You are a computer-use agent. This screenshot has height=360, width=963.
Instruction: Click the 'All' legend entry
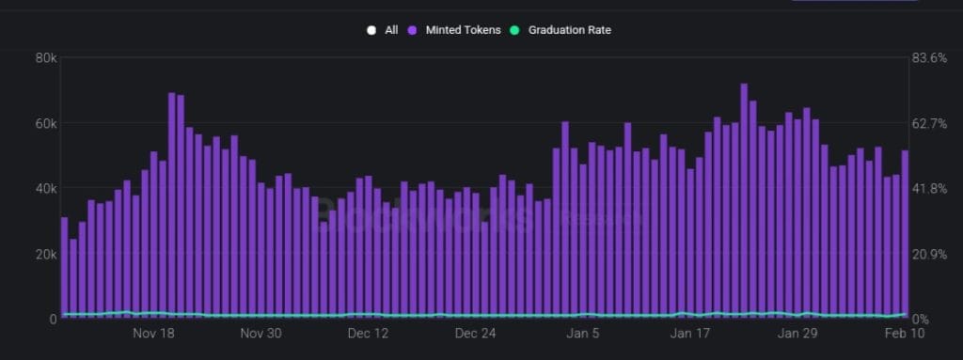(x=390, y=30)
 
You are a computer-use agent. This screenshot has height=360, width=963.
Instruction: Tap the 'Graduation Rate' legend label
(x=569, y=30)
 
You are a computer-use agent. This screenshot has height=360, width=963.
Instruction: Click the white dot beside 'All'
(x=372, y=30)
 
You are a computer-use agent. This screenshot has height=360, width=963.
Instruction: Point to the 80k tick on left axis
(x=44, y=58)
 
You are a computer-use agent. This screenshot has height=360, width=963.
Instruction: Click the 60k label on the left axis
(x=44, y=124)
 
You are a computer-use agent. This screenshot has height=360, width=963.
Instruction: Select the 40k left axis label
(x=44, y=189)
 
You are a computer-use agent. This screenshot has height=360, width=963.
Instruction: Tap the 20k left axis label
(x=44, y=255)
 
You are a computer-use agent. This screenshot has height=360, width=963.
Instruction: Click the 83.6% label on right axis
(x=930, y=58)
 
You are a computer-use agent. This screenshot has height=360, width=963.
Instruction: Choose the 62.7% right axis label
(x=930, y=124)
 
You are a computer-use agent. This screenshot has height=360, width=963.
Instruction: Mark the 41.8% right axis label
(x=930, y=189)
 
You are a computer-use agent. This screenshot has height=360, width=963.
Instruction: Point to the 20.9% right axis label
(x=930, y=255)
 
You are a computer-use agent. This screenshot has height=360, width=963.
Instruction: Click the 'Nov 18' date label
(x=154, y=334)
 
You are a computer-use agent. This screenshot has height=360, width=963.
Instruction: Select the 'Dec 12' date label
(x=368, y=334)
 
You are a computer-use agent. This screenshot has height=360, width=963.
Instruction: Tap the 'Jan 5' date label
(x=583, y=334)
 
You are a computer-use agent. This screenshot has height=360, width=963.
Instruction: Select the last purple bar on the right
(x=906, y=235)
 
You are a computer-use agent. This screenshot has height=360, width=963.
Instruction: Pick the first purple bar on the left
(x=64, y=268)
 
